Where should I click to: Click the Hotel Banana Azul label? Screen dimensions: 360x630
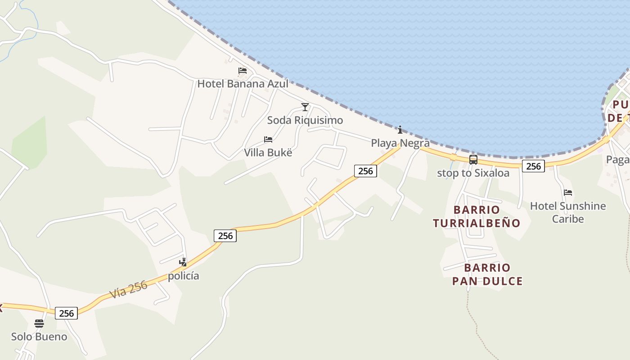pyautogui.click(x=243, y=84)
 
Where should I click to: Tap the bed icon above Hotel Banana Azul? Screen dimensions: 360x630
pyautogui.click(x=243, y=71)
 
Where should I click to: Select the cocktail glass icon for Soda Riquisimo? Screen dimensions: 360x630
pyautogui.click(x=305, y=107)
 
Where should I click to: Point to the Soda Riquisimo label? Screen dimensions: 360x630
pyautogui.click(x=305, y=120)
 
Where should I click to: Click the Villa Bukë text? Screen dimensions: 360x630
pyautogui.click(x=268, y=153)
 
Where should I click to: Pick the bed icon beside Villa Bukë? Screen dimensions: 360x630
pyautogui.click(x=268, y=139)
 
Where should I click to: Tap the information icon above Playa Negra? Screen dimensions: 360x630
pyautogui.click(x=400, y=130)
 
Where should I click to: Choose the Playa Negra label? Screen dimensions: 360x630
pyautogui.click(x=400, y=143)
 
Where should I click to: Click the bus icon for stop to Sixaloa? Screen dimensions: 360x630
pyautogui.click(x=473, y=160)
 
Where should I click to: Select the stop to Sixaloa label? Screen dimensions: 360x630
pyautogui.click(x=473, y=173)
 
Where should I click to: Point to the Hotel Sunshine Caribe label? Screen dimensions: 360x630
pyautogui.click(x=568, y=212)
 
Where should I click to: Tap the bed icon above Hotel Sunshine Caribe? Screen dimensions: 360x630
pyautogui.click(x=568, y=193)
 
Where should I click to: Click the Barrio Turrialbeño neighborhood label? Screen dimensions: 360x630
pyautogui.click(x=477, y=216)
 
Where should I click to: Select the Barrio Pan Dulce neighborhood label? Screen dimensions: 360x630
pyautogui.click(x=487, y=274)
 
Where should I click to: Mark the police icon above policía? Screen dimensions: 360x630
pyautogui.click(x=183, y=262)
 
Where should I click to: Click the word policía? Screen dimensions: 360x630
pyautogui.click(x=183, y=276)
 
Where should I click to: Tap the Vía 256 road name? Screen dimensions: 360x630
pyautogui.click(x=128, y=289)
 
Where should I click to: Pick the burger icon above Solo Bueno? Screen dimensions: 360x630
pyautogui.click(x=39, y=324)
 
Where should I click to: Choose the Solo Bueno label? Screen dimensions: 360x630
pyautogui.click(x=39, y=337)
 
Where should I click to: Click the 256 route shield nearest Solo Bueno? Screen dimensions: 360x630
pyautogui.click(x=66, y=313)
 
